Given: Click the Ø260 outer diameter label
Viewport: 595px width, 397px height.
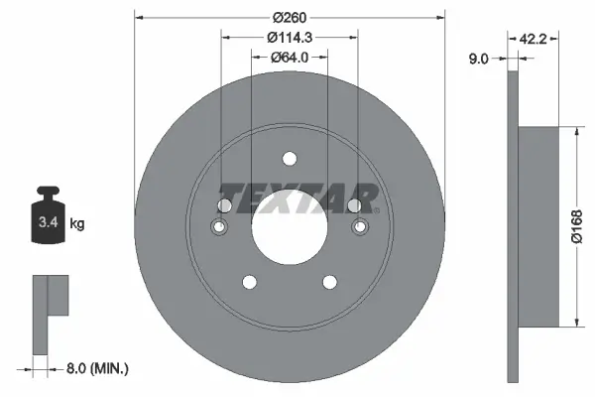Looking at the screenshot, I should click(x=289, y=18).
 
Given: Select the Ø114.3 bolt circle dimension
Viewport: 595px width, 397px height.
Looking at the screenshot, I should click(x=289, y=38).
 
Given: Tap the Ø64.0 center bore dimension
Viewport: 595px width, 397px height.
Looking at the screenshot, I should click(x=289, y=58).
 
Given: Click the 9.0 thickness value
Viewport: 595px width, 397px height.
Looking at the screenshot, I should click(x=478, y=60).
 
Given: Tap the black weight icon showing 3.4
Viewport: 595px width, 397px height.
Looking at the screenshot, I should click(x=49, y=210).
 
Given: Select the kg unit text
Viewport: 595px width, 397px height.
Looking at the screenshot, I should click(x=77, y=224).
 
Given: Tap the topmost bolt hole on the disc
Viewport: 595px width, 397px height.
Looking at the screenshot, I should click(x=289, y=159).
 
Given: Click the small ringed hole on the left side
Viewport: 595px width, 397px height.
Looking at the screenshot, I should click(x=220, y=229).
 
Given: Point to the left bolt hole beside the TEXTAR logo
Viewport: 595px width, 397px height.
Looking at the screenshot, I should click(x=224, y=204).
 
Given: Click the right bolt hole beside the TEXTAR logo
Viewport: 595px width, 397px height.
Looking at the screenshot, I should click(x=354, y=204).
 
